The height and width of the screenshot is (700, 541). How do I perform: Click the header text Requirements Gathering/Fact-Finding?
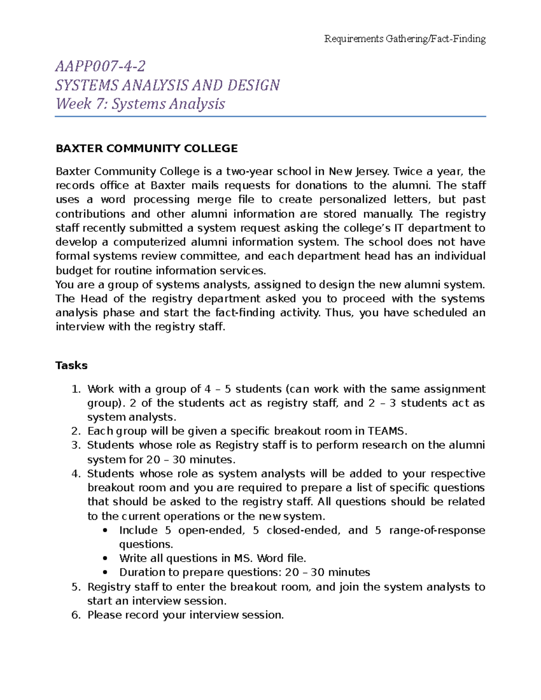tap(405, 39)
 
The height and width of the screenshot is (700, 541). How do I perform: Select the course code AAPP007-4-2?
tap(100, 67)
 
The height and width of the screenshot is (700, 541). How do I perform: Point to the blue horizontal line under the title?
tap(270, 117)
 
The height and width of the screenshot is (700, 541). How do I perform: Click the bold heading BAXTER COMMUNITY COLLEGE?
tap(147, 148)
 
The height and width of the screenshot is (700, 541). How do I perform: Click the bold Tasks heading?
tap(71, 365)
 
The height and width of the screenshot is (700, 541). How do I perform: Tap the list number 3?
tap(75, 445)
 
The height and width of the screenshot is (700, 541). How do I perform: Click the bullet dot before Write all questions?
tap(105, 558)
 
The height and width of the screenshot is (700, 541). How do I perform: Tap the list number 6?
tap(75, 615)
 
